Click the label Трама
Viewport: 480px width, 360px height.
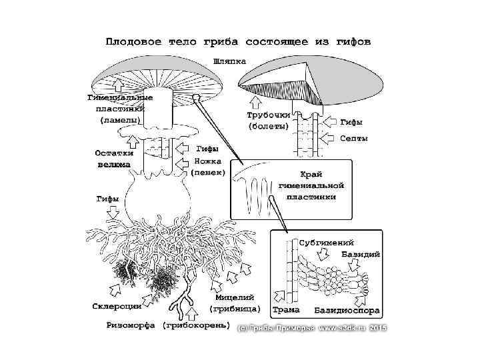pyautogui.click(x=286, y=310)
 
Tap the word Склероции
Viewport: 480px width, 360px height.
pyautogui.click(x=116, y=306)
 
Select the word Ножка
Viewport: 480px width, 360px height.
pyautogui.click(x=208, y=161)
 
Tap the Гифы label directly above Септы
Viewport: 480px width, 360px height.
pyautogui.click(x=352, y=123)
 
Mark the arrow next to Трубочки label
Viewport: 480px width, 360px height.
pyautogui.click(x=254, y=102)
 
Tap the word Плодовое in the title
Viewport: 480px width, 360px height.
pyautogui.click(x=130, y=42)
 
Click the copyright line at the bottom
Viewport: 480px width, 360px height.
pyautogui.click(x=312, y=327)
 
